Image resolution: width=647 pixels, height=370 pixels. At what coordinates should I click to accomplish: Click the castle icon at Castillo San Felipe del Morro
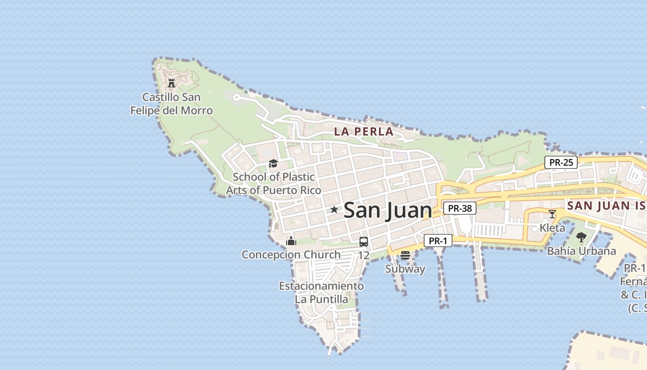(x=171, y=83)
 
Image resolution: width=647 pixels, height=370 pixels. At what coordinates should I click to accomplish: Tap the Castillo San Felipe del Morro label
(x=171, y=104)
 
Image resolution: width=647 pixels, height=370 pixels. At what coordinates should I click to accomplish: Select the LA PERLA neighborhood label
(x=364, y=131)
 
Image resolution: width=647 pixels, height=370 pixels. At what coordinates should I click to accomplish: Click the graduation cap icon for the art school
(x=273, y=163)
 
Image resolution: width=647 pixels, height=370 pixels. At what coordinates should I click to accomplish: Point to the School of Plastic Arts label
(x=274, y=183)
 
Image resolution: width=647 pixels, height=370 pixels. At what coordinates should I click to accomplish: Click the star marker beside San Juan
(x=334, y=210)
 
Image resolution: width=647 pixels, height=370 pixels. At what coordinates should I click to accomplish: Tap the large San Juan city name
(x=388, y=210)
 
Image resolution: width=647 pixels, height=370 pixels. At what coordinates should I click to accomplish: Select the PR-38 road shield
(x=460, y=208)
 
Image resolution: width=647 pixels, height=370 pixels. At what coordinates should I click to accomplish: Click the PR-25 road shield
(x=561, y=162)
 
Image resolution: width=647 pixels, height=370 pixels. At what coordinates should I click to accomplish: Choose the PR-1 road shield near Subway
(x=438, y=240)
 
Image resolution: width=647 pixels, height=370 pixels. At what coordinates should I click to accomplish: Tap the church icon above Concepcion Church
(x=291, y=240)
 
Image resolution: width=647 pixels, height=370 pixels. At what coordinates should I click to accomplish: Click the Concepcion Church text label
(x=291, y=254)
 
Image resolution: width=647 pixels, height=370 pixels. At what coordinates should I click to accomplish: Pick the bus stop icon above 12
(x=364, y=241)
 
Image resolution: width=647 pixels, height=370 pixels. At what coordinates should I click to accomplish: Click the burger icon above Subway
(x=405, y=255)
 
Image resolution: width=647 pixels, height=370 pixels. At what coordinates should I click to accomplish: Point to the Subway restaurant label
(x=405, y=269)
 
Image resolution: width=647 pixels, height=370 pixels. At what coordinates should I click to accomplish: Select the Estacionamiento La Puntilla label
(x=321, y=292)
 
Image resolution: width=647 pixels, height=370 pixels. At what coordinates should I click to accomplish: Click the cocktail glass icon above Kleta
(x=552, y=214)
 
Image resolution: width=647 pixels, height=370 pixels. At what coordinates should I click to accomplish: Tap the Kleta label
(x=552, y=228)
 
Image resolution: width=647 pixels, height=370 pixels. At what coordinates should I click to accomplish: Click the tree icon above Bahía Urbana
(x=581, y=237)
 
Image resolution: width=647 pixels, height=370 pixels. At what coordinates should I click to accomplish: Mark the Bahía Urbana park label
(x=581, y=251)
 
